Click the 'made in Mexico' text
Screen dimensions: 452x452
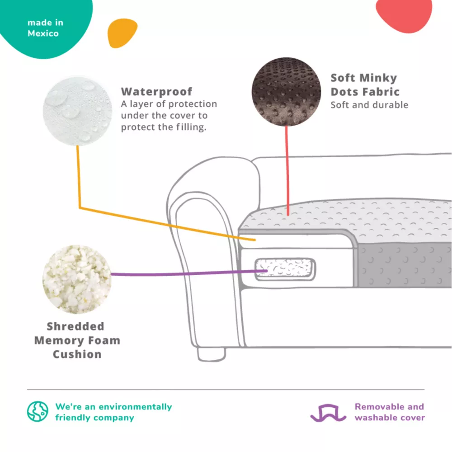click(x=45, y=28)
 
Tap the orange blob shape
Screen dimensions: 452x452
click(x=122, y=33)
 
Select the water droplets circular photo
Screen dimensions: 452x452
click(x=78, y=111)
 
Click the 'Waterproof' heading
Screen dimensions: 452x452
click(x=156, y=91)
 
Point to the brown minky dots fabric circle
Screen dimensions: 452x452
click(x=286, y=92)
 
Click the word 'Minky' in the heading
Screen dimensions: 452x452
click(x=378, y=78)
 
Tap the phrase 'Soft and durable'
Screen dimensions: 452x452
click(x=369, y=105)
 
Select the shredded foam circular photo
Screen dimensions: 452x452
click(x=77, y=279)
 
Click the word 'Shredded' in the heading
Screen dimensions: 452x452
click(x=75, y=326)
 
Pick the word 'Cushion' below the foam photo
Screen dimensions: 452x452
click(x=77, y=354)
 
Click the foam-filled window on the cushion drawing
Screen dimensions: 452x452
click(x=285, y=269)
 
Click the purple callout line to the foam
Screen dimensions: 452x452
click(x=189, y=273)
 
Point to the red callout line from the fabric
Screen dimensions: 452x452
click(x=287, y=171)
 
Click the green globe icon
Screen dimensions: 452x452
click(x=38, y=411)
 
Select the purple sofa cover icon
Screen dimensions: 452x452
click(x=328, y=413)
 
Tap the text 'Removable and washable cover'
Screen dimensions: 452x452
click(x=390, y=412)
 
